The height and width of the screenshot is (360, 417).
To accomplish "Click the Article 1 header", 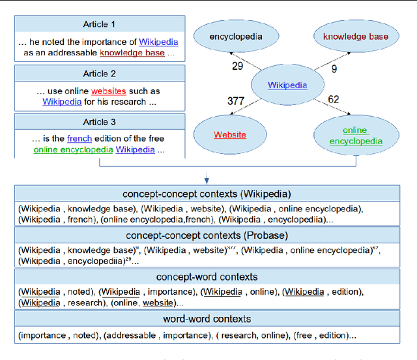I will click(99, 24).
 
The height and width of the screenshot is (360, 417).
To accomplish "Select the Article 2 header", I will click(99, 74).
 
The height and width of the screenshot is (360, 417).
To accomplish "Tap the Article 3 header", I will click(99, 121).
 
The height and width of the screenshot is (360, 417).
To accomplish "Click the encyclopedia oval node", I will click(236, 37).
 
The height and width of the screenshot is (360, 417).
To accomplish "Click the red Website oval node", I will click(230, 134).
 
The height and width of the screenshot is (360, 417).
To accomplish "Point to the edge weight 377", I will click(236, 101).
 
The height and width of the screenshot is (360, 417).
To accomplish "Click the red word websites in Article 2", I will click(108, 91).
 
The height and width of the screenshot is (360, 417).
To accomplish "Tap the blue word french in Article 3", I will click(79, 138).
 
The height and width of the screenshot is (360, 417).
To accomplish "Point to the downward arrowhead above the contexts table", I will click(206, 180).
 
